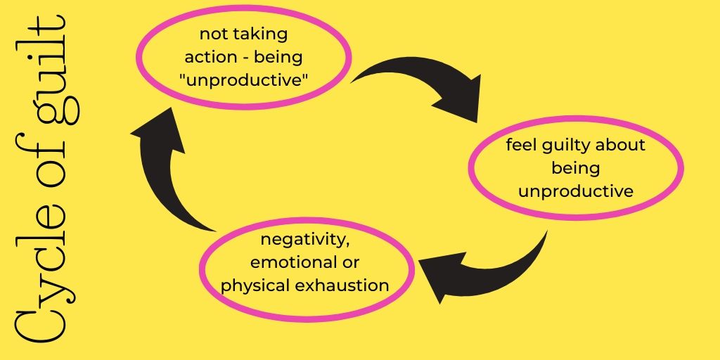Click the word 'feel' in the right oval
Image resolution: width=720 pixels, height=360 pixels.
522,146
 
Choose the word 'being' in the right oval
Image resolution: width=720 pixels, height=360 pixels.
576,169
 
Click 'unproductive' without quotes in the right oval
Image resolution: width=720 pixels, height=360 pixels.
576,191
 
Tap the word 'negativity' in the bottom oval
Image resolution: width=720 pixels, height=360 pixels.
304,241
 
